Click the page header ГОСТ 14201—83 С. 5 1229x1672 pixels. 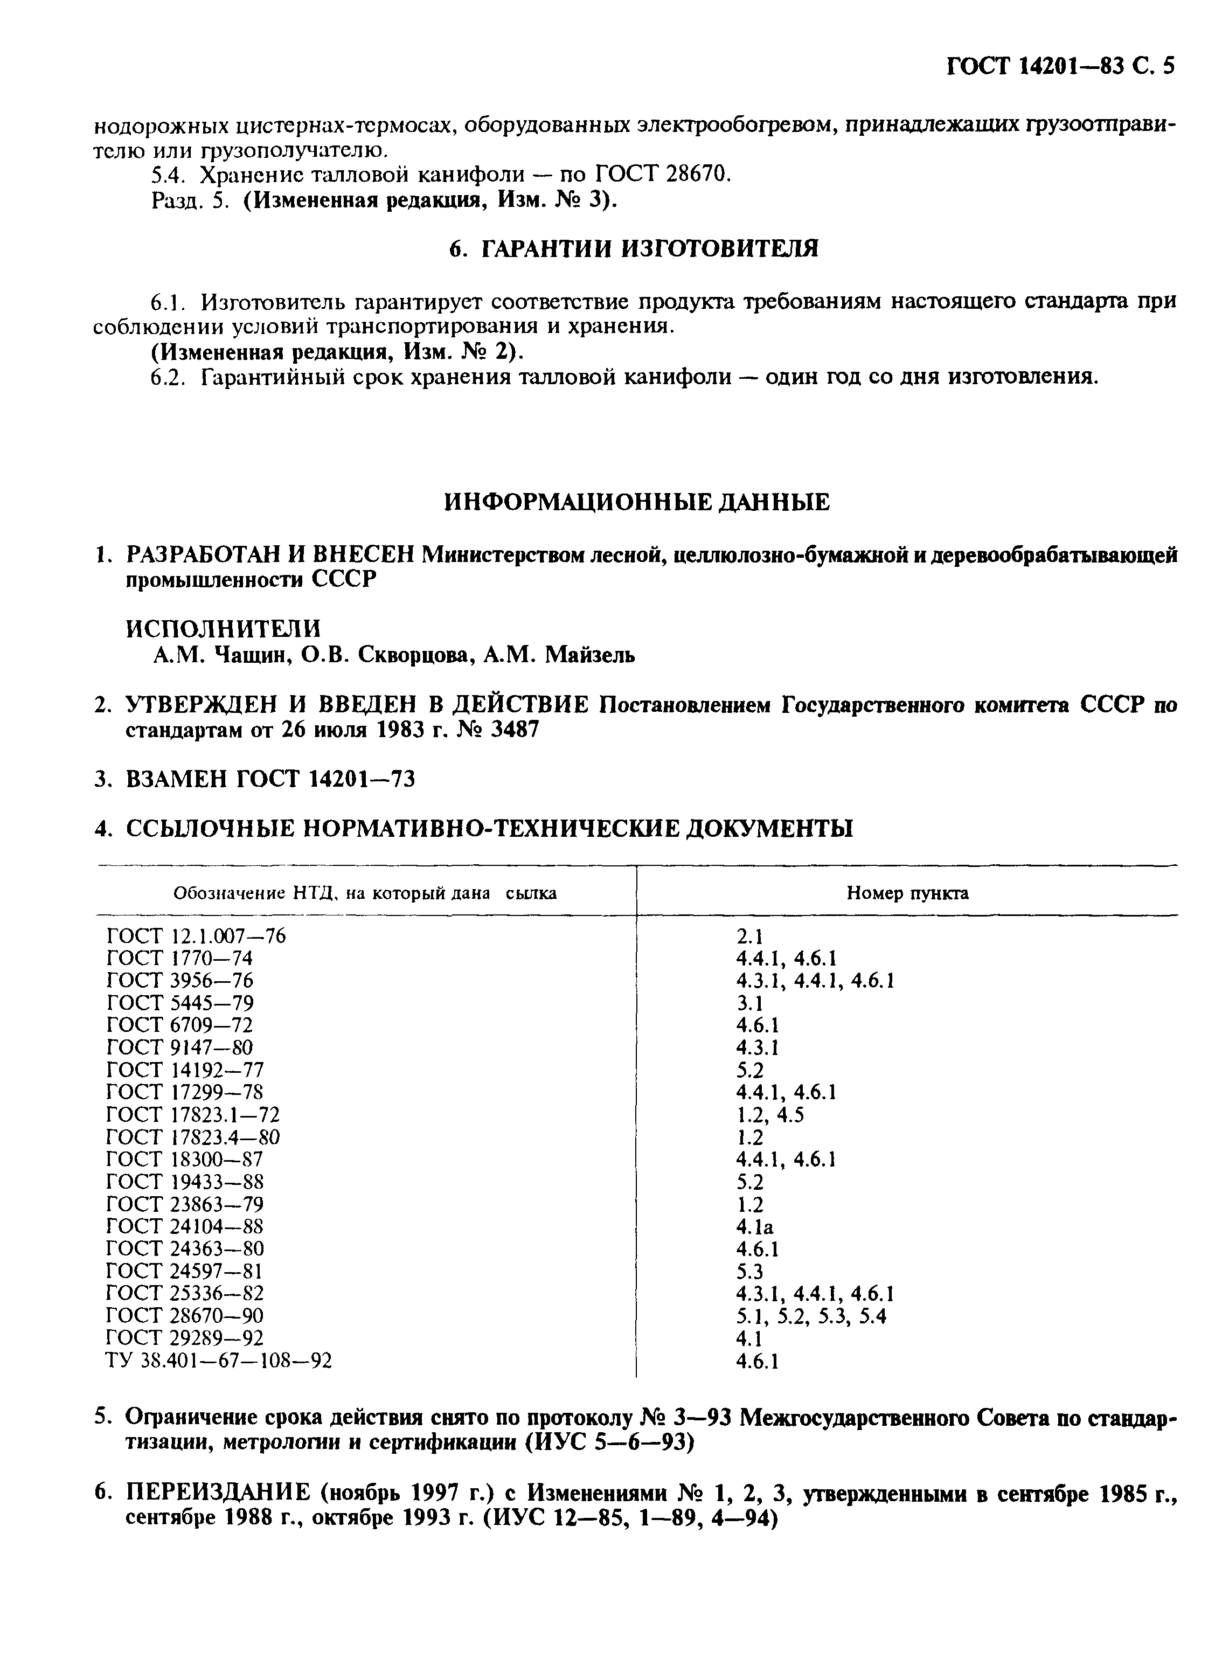pyautogui.click(x=1060, y=67)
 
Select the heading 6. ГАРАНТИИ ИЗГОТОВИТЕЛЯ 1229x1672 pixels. pyautogui.click(x=635, y=249)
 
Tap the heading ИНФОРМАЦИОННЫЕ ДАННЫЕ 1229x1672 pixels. pyautogui.click(x=637, y=503)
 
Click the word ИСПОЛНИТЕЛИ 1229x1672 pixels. pyautogui.click(x=223, y=628)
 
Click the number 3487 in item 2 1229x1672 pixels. pyautogui.click(x=510, y=730)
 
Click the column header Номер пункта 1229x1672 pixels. pyautogui.click(x=908, y=893)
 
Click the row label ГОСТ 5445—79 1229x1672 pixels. pyautogui.click(x=180, y=1003)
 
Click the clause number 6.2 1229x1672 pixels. pyautogui.click(x=168, y=378)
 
